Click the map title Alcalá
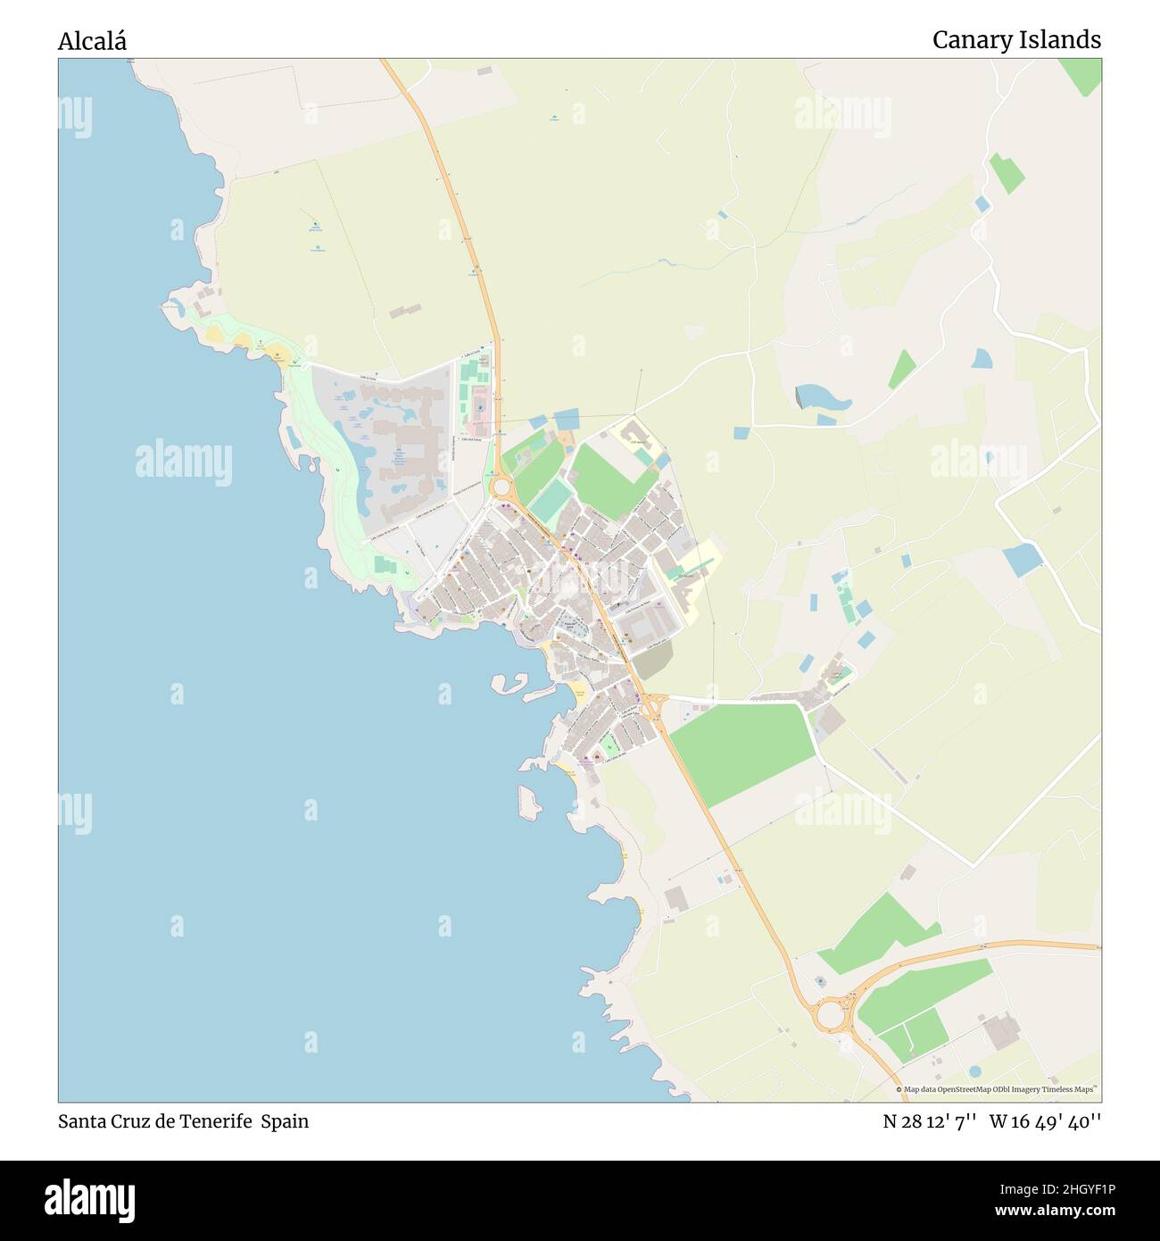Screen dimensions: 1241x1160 coord(92,41)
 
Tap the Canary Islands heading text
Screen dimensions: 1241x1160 coord(1016,40)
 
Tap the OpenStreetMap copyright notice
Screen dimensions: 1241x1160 coord(997,1089)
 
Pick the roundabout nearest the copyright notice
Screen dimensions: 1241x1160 coord(830,1014)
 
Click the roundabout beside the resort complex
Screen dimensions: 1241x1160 coord(500,487)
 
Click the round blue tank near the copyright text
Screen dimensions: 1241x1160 coord(975,1070)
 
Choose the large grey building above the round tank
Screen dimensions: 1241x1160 coord(1000,1032)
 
